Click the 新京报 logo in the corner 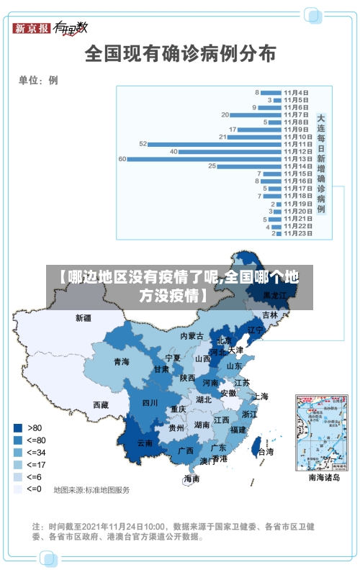coord(32,28)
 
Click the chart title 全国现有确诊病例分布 coord(180,54)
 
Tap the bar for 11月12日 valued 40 coord(230,151)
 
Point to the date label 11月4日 coord(297,92)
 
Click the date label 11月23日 coord(297,234)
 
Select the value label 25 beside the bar coord(212,166)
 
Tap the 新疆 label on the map coord(84,317)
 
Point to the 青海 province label coord(121,361)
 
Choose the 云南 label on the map coord(145,443)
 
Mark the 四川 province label coord(150,402)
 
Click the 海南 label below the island coord(192,479)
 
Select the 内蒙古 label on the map coord(192,335)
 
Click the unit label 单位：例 coord(38,81)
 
